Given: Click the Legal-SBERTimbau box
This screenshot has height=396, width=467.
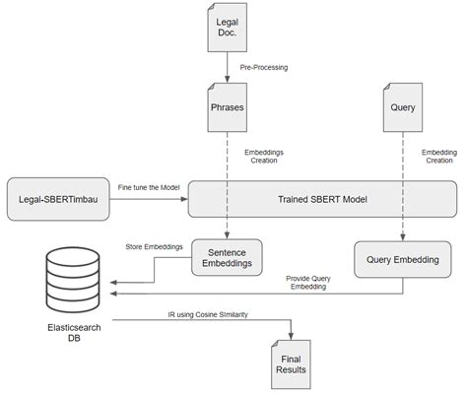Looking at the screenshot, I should (54, 197).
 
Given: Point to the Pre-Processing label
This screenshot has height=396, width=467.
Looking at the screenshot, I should (263, 68).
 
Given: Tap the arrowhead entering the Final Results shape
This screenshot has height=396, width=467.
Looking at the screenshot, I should (291, 338).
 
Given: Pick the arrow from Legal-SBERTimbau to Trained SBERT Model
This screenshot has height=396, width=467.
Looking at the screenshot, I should (148, 198).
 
